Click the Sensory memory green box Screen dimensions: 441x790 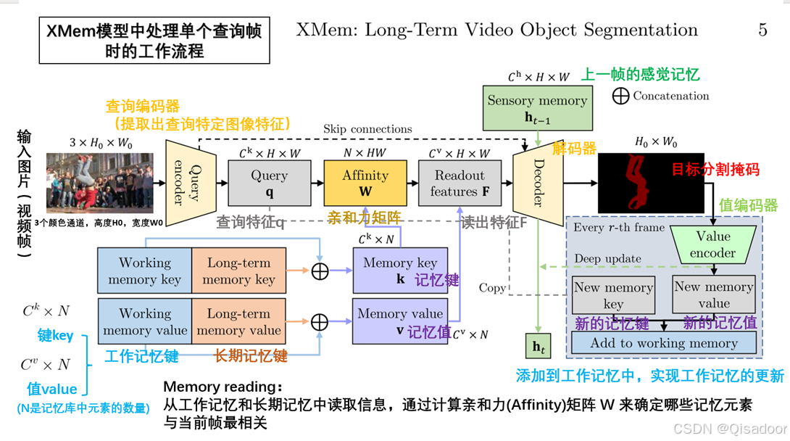[x=537, y=108]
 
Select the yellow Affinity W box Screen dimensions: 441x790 [x=365, y=184]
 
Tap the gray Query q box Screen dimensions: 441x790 [x=269, y=184]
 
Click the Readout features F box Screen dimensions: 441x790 [x=460, y=184]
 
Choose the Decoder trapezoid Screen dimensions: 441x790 [x=537, y=184]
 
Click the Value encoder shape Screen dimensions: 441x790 [x=713, y=244]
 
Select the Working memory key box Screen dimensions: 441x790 [x=144, y=271]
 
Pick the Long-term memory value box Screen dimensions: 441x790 [x=238, y=321]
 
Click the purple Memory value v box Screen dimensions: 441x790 [x=399, y=321]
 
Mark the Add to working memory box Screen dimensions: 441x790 [x=663, y=343]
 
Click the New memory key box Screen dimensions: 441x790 [x=613, y=294]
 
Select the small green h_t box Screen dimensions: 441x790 [x=538, y=347]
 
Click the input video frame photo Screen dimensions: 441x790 [x=100, y=183]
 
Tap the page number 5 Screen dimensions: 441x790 [x=762, y=30]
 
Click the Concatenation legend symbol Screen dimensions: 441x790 [x=620, y=96]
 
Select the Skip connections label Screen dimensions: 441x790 [x=367, y=129]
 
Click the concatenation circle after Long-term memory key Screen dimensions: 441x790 [x=320, y=271]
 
